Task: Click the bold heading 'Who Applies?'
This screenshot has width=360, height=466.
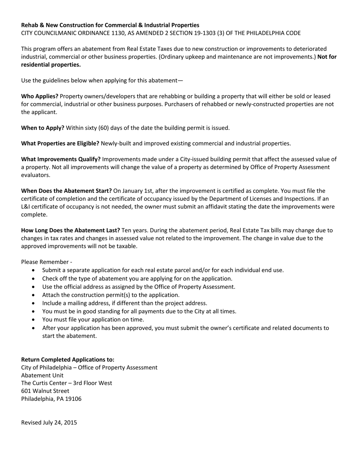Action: point(39,96)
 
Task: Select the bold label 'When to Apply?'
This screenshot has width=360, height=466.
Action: point(42,128)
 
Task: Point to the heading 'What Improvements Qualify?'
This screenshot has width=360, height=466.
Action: point(61,159)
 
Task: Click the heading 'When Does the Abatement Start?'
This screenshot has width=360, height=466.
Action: point(66,191)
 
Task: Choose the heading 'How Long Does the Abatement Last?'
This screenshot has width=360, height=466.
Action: point(70,230)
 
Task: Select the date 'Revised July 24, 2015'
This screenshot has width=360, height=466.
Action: point(49,422)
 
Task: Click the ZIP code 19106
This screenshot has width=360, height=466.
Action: point(73,399)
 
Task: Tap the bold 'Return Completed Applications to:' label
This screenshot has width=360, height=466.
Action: point(67,359)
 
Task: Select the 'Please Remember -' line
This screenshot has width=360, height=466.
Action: point(47,262)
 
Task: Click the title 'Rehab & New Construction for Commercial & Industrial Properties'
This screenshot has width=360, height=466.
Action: point(110,25)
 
